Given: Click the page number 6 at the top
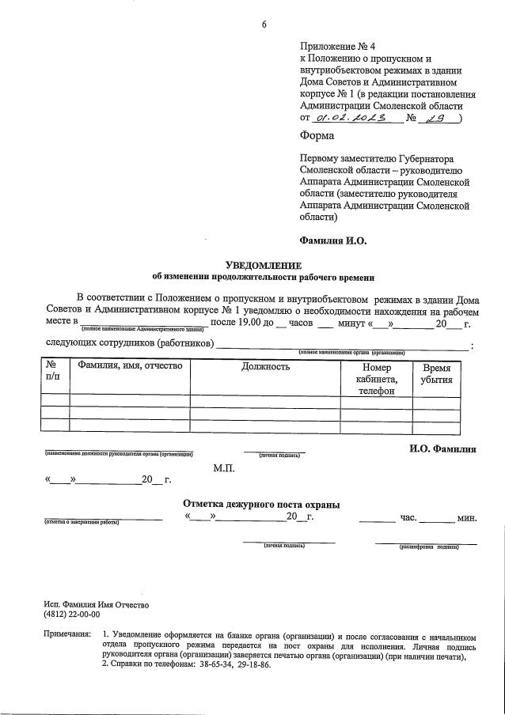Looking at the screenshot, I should pyautogui.click(x=264, y=25).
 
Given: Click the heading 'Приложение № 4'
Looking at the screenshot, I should pyautogui.click(x=332, y=47).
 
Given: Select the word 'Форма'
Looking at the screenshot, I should pyautogui.click(x=317, y=135).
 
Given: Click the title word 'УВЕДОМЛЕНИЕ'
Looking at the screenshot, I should pyautogui.click(x=264, y=265).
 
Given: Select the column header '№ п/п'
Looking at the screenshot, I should pyautogui.click(x=53, y=373).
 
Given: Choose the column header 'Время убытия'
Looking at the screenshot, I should pyautogui.click(x=437, y=373).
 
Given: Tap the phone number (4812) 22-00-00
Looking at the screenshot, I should pyautogui.click(x=72, y=615).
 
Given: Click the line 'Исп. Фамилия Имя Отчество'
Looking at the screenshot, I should pyautogui.click(x=97, y=604).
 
